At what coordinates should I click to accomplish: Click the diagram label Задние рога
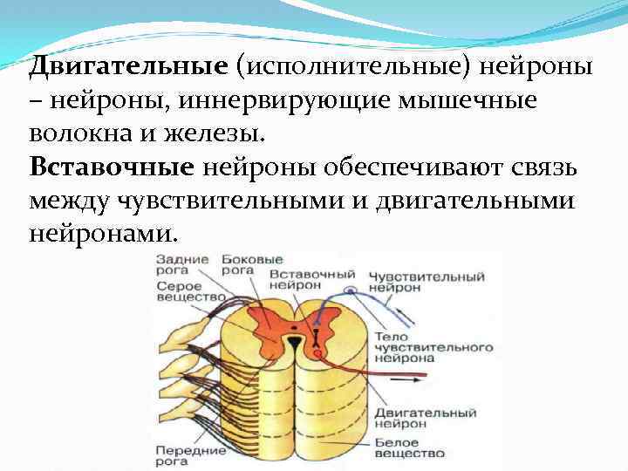pyautogui.click(x=182, y=265)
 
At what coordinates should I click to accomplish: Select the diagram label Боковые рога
pyautogui.click(x=252, y=265)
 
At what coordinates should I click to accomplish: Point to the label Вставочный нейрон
pyautogui.click(x=304, y=279)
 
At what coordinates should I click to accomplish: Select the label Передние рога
pyautogui.click(x=190, y=455)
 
